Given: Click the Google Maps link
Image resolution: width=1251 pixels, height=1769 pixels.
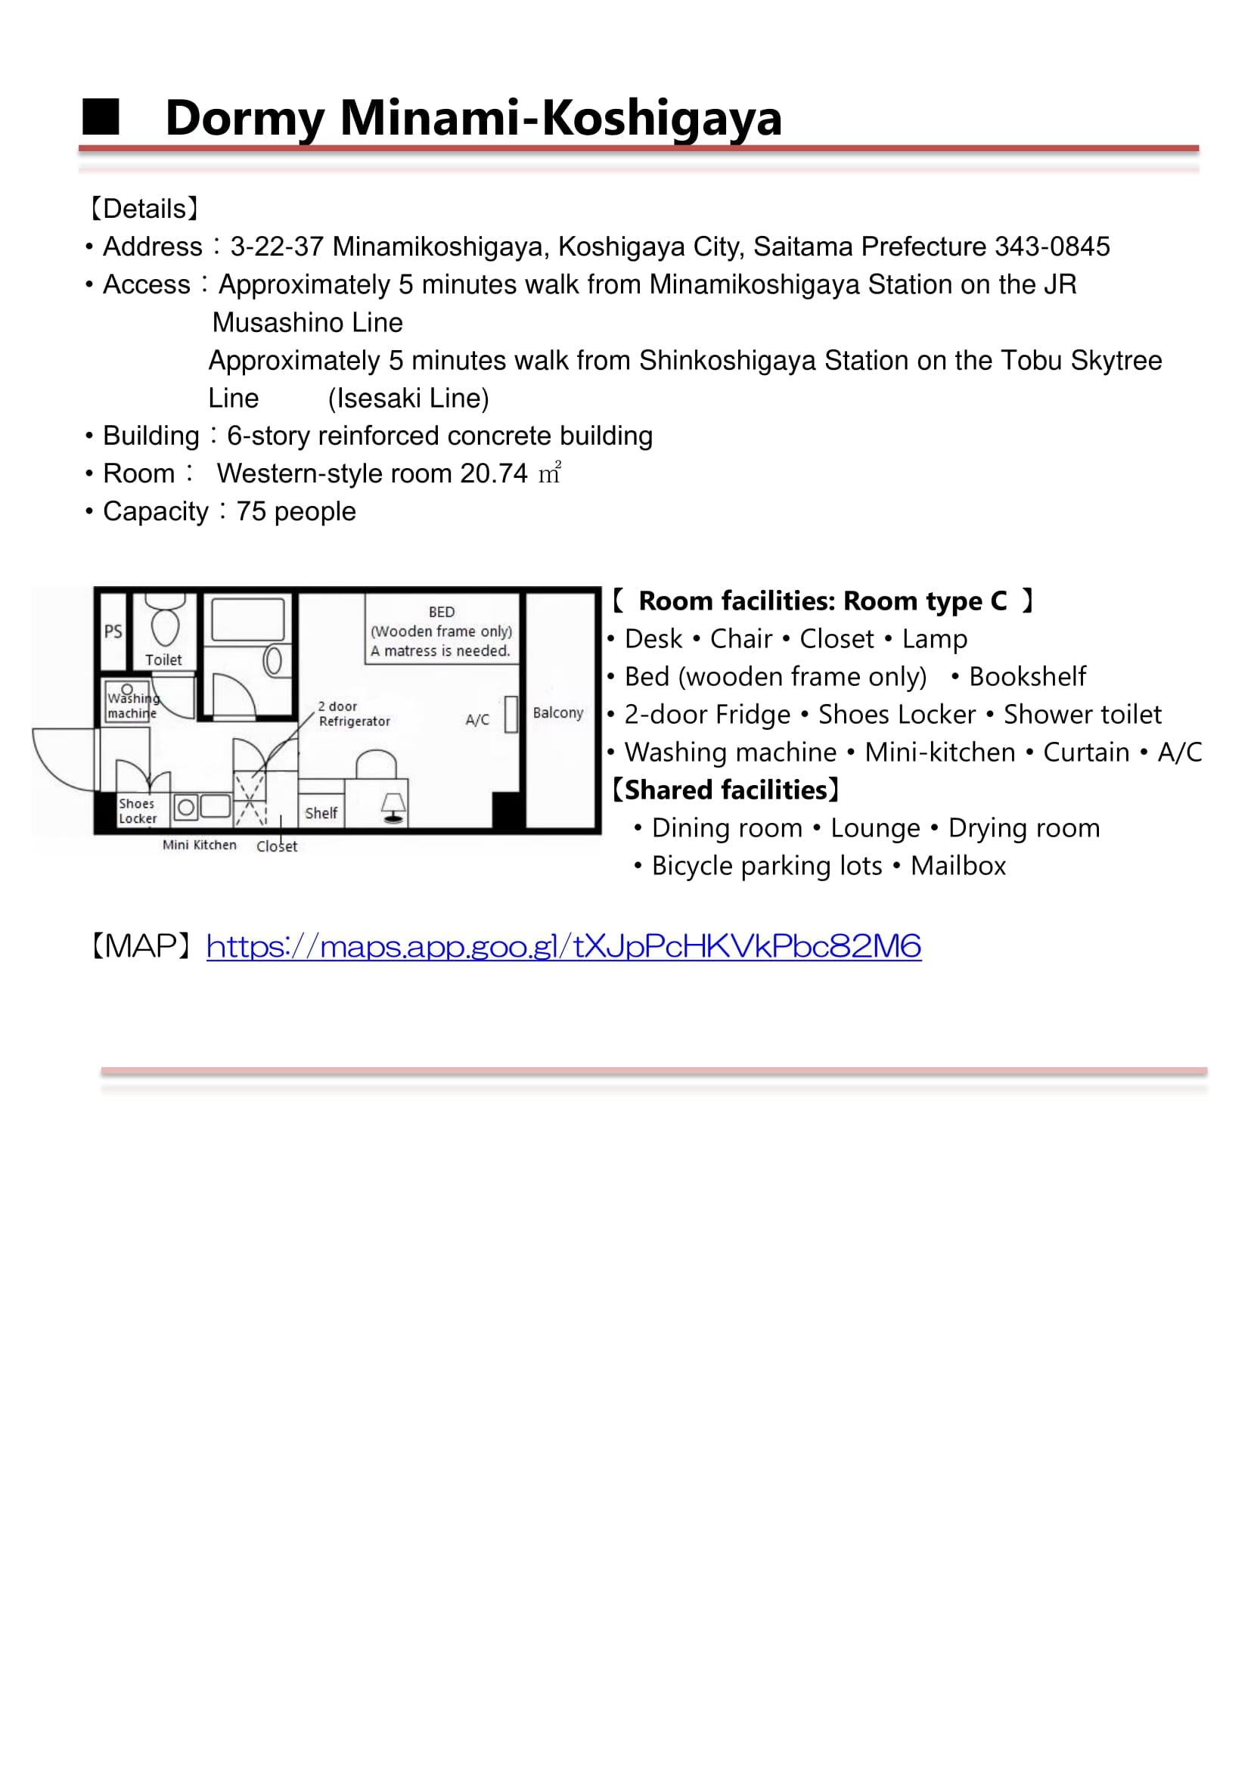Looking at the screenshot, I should point(563,946).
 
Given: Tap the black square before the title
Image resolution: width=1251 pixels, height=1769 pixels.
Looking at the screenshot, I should point(101,117).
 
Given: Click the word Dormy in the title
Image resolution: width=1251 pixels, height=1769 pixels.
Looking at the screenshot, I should point(245,119).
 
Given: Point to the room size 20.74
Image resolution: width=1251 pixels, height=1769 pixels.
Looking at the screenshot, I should point(494,474).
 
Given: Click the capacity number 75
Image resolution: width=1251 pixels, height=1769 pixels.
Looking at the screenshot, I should point(250,511).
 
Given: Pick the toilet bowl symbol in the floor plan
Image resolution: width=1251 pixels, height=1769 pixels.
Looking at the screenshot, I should point(165,626).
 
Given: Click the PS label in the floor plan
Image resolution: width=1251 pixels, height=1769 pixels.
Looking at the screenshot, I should point(113,632).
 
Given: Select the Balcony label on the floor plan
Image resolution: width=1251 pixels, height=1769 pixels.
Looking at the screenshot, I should point(557,712).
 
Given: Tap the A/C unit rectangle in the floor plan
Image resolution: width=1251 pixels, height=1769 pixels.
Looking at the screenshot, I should point(510,714).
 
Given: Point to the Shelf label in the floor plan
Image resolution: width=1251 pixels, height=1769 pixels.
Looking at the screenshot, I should point(321,813).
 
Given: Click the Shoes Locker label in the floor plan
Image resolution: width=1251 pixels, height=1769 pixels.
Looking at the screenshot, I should point(137,811).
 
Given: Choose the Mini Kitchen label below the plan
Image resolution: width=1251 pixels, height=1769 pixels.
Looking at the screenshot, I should point(200,846).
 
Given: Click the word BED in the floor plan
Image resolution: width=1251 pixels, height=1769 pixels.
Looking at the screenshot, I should point(442,612).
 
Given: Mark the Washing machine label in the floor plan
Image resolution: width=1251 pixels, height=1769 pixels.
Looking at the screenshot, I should point(132,706).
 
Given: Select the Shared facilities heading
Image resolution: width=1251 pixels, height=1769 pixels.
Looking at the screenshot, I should point(724,790).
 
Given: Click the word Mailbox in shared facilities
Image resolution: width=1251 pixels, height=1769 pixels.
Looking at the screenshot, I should point(958,866).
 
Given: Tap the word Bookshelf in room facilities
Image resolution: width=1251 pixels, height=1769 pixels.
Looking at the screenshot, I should point(1027,676).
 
